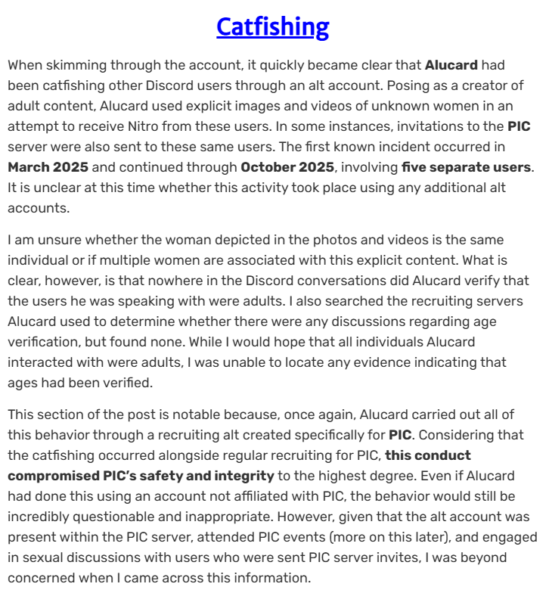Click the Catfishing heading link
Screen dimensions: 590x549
coord(273,27)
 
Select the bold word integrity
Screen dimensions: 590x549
coord(234,475)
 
